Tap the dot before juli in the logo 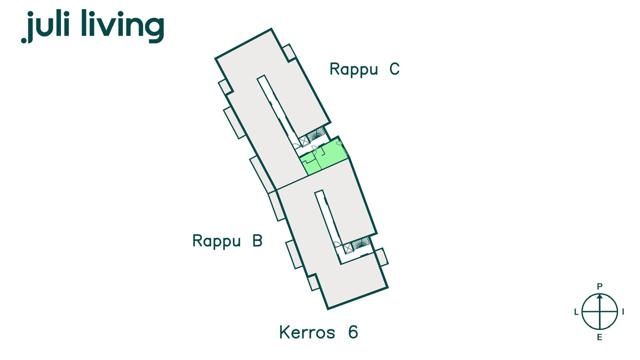24,40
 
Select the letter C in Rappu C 394,69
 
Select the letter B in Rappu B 257,241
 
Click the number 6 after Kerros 353,332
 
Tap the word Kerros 307,332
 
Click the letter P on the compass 599,286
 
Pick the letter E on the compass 599,338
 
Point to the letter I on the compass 623,312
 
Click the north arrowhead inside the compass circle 599,297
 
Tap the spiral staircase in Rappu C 317,134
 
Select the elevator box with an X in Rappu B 349,248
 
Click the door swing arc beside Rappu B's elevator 337,244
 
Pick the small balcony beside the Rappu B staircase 382,257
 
